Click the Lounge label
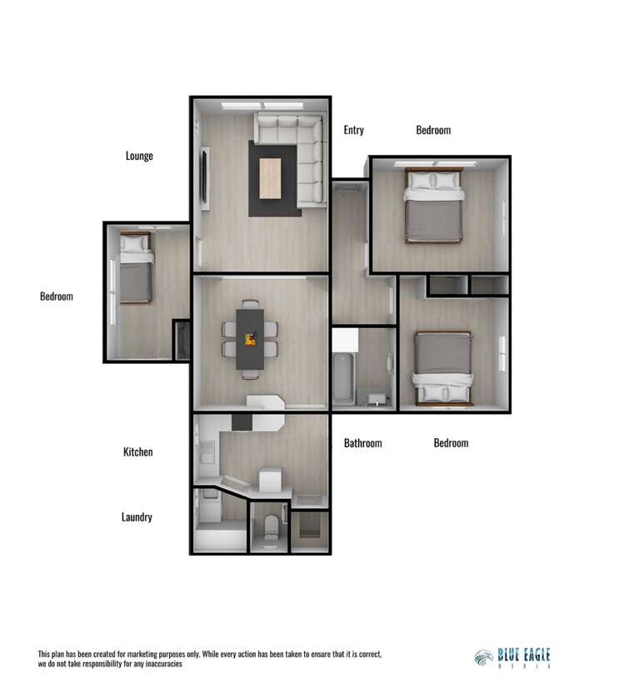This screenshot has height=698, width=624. (139, 156)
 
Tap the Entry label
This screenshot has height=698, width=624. (353, 130)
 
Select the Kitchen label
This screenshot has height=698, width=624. (137, 452)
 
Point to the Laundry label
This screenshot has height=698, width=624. (137, 517)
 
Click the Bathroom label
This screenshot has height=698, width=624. (362, 443)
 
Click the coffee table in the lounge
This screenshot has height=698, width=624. (271, 178)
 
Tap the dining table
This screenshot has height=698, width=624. (249, 338)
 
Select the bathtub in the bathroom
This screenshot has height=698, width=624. (343, 379)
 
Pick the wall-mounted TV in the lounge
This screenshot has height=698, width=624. (204, 178)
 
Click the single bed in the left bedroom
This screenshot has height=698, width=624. (136, 267)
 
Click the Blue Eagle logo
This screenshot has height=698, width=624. (512, 657)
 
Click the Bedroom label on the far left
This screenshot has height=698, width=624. (56, 297)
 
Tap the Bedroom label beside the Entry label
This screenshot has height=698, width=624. (433, 130)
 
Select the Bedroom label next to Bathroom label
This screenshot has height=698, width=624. (451, 443)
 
